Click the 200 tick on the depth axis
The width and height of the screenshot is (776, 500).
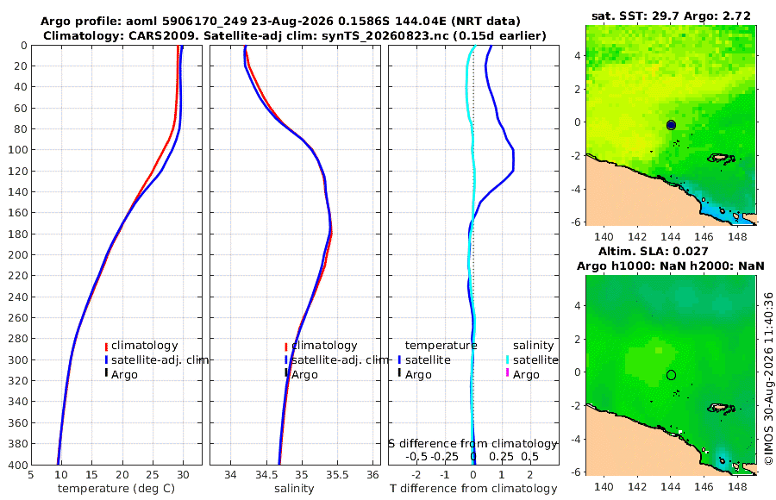click(x=18, y=254)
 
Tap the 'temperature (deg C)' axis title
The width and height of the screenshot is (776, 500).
click(x=116, y=489)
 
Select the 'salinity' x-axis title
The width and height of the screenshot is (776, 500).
click(x=294, y=489)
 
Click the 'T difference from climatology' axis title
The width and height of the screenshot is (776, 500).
click(x=473, y=489)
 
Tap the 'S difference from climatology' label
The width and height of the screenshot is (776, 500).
click(x=472, y=444)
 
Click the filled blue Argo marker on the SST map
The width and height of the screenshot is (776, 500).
click(x=671, y=125)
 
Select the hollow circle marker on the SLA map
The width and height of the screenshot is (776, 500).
click(x=671, y=375)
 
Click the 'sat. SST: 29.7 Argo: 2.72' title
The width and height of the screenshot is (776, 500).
click(x=671, y=16)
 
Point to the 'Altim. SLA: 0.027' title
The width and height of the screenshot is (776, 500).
click(x=654, y=252)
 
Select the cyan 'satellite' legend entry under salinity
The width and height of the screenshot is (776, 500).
click(x=535, y=359)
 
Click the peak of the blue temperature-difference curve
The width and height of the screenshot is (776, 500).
click(x=514, y=159)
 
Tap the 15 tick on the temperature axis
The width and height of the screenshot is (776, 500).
click(x=91, y=475)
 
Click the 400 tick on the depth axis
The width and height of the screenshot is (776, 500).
click(x=18, y=465)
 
